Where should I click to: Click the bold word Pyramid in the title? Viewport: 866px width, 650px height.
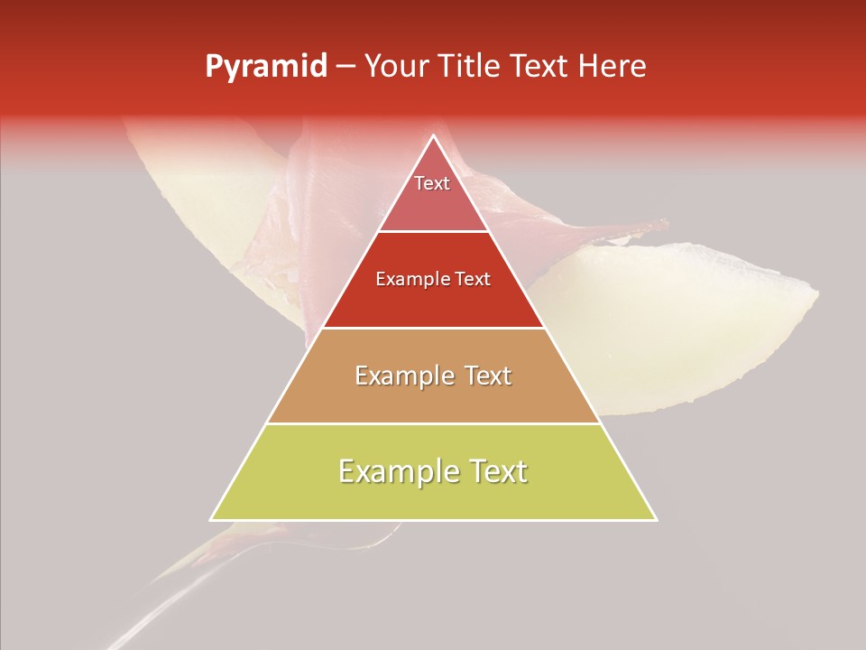[265, 67]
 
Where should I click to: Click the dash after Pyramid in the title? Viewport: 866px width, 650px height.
[345, 67]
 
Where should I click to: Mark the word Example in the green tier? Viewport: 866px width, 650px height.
[398, 471]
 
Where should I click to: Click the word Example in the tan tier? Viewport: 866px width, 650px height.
[402, 376]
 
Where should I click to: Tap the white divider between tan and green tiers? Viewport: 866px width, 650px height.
[433, 423]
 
